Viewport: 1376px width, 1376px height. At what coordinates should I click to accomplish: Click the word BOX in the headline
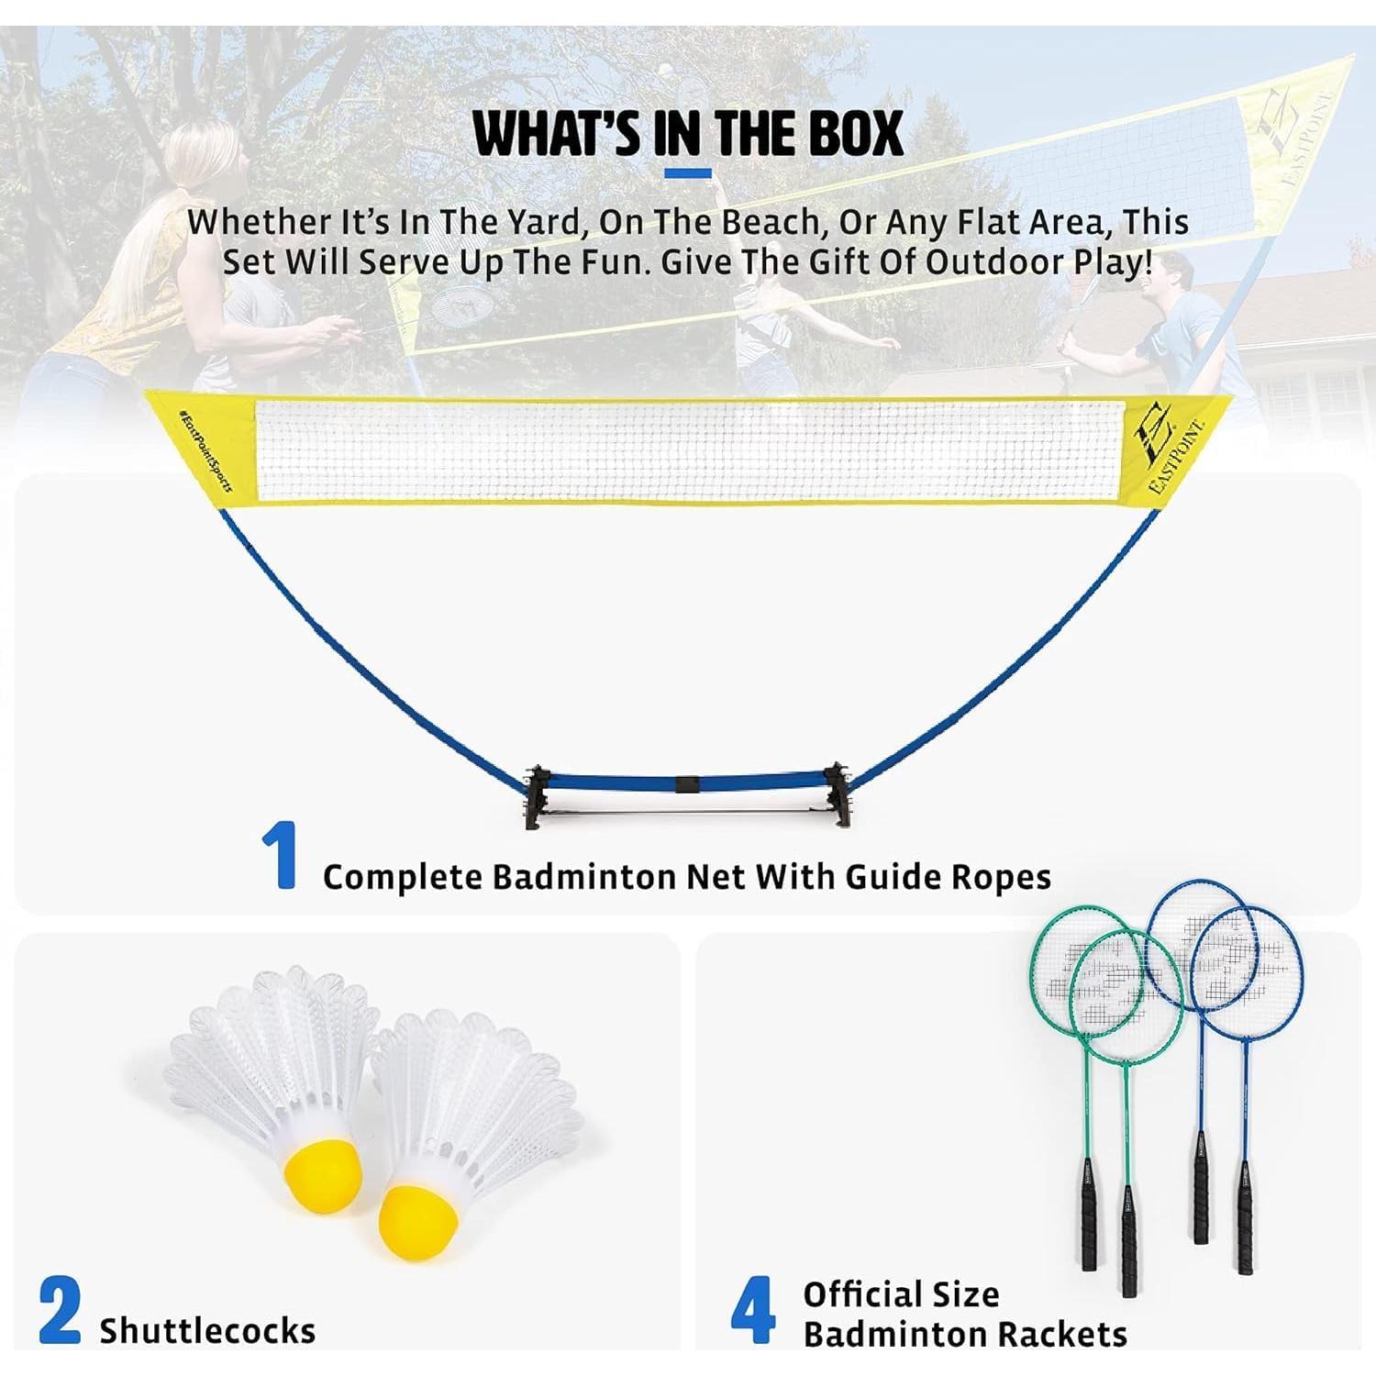click(x=856, y=134)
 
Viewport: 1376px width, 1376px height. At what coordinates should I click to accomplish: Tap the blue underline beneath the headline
click(x=688, y=173)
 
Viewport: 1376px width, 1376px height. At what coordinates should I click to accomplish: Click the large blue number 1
click(x=281, y=855)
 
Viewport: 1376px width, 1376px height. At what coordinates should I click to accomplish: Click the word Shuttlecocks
click(x=207, y=1330)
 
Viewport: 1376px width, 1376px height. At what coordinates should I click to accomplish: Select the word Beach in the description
click(x=767, y=222)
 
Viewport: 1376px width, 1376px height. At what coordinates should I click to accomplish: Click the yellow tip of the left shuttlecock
click(x=326, y=1173)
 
